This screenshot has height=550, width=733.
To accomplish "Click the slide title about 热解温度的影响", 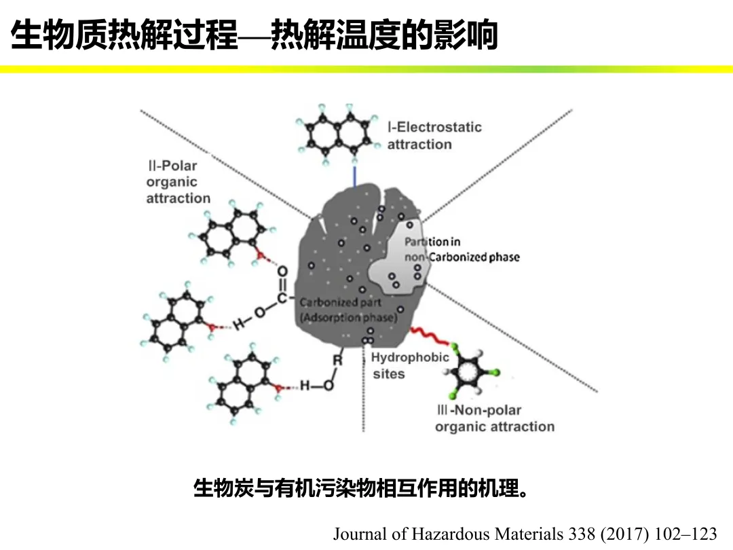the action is point(255,36).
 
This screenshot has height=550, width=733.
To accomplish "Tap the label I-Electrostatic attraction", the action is point(434,136).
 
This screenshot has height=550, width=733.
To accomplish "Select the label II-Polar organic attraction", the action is point(178,182).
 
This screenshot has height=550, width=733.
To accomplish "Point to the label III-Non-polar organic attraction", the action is point(494,418).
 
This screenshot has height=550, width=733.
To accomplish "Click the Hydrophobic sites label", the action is point(409,365).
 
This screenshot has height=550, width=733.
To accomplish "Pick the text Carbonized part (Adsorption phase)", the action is point(347,310).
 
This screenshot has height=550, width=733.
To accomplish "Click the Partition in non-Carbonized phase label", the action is point(462,249).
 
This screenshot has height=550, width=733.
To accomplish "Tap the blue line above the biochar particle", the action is point(354,176).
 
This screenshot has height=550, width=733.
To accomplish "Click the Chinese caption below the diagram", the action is point(360,488).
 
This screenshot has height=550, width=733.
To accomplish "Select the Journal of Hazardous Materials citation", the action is point(524,534).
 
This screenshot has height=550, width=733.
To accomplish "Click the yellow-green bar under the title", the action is point(366,69).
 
